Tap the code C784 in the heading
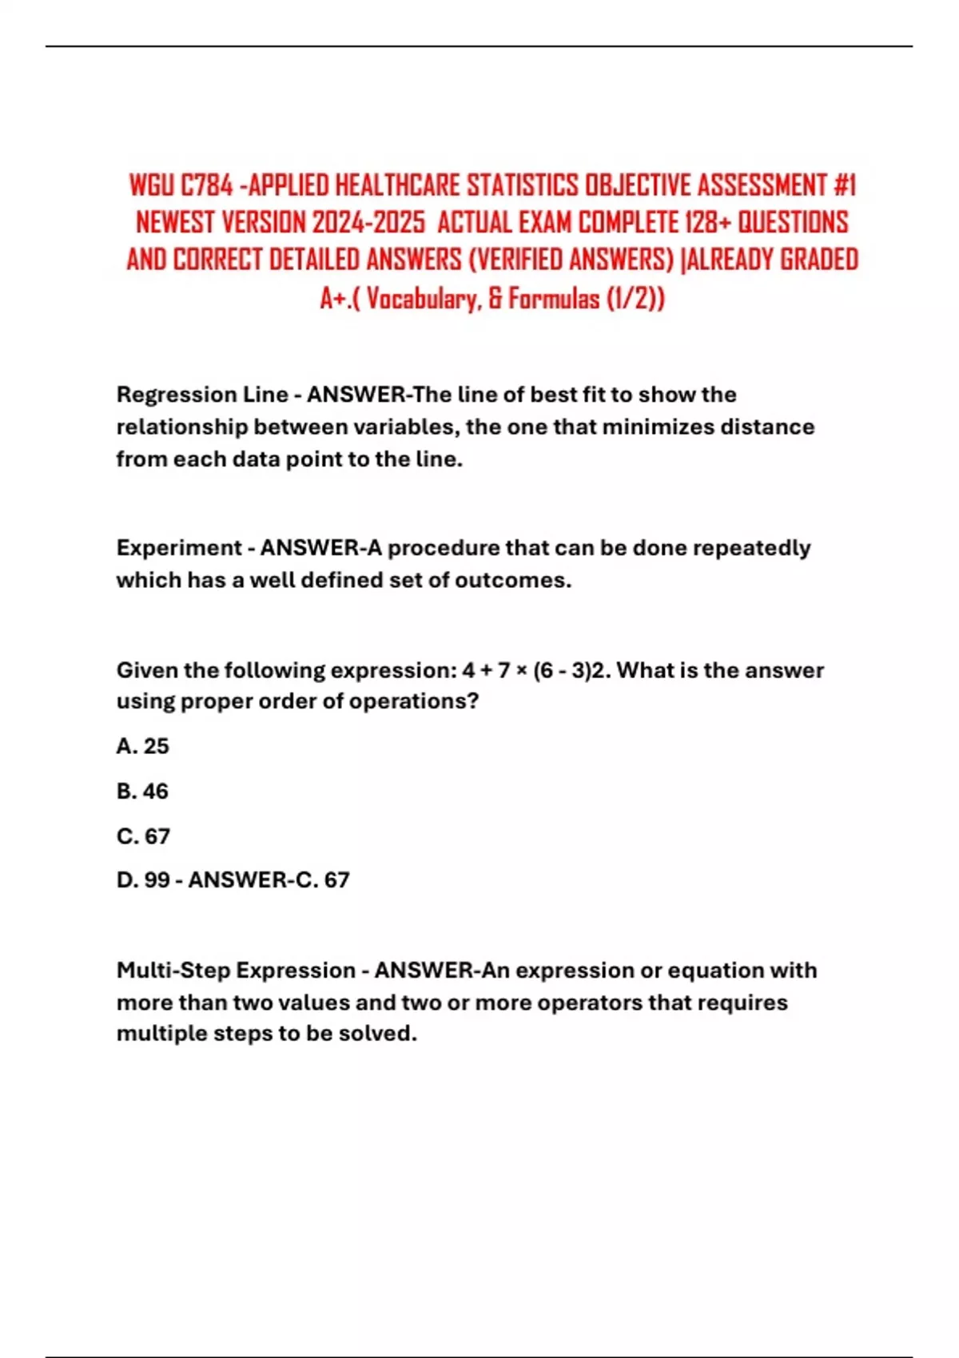point(206,185)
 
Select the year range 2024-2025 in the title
point(368,222)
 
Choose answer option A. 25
point(143,746)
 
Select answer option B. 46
point(143,791)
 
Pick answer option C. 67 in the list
point(144,836)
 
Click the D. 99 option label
point(143,880)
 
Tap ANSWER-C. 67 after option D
point(269,880)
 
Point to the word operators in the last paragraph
point(589,1003)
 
